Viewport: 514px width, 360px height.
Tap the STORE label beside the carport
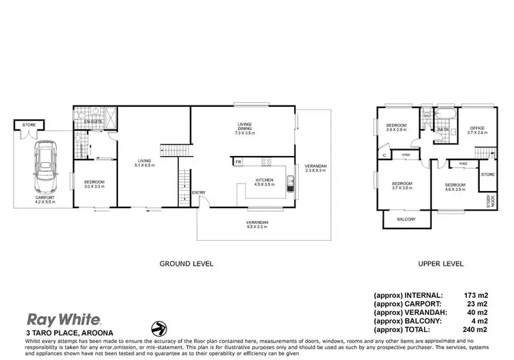click(x=28, y=125)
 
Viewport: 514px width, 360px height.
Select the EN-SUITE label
click(x=94, y=121)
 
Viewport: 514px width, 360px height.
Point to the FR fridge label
click(x=238, y=162)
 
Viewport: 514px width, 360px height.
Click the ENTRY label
click(x=199, y=192)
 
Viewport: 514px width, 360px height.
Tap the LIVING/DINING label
click(x=245, y=125)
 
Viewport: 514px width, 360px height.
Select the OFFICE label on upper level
click(x=477, y=128)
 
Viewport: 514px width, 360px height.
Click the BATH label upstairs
click(x=443, y=129)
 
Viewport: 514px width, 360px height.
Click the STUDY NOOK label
click(x=489, y=201)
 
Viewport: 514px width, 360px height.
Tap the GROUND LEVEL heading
click(x=186, y=263)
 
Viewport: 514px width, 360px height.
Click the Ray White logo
click(x=64, y=318)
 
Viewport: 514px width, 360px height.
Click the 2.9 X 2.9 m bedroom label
click(x=397, y=129)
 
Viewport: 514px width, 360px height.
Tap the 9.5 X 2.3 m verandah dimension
click(x=258, y=228)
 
